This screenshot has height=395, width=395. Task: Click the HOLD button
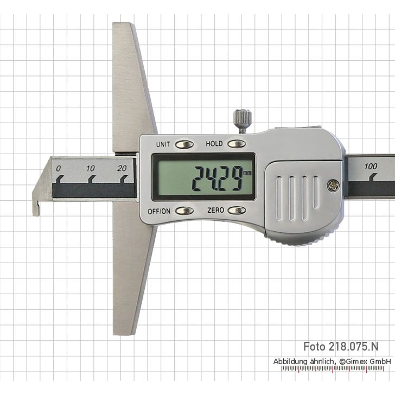[236, 144]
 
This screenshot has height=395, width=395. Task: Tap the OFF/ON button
[184, 210]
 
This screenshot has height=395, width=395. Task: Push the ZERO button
[236, 210]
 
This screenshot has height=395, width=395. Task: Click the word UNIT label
[163, 144]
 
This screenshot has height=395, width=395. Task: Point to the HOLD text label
[214, 144]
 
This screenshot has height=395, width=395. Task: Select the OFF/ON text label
[159, 210]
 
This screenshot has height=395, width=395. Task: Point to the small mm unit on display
[247, 173]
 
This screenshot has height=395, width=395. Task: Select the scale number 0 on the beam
[59, 168]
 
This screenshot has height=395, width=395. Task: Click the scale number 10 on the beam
[91, 168]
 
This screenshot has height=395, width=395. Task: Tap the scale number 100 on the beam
[371, 166]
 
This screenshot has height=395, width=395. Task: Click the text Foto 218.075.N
[341, 346]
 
